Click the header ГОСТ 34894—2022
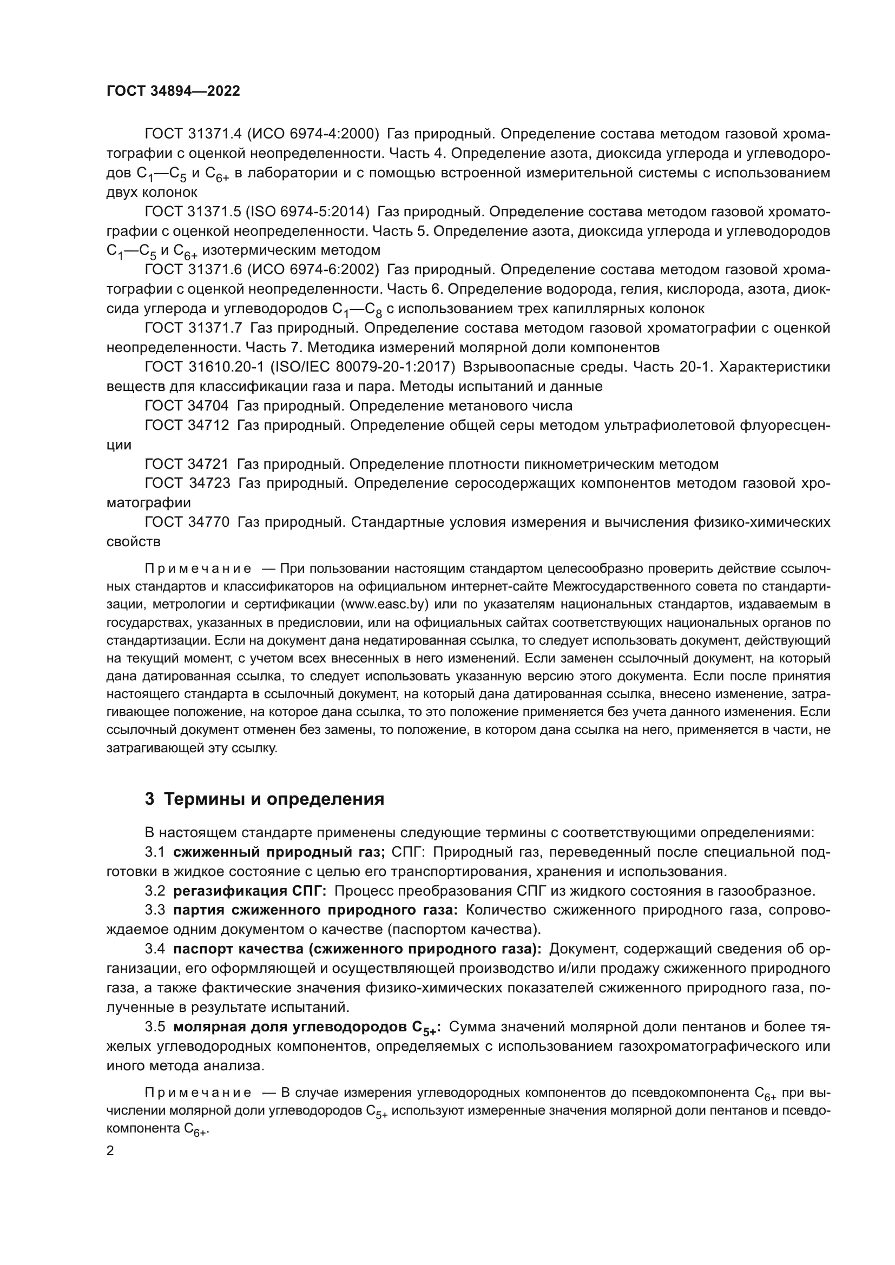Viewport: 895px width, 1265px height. pyautogui.click(x=173, y=91)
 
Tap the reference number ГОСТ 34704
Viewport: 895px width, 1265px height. pyautogui.click(x=187, y=406)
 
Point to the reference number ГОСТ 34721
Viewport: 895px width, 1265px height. pyautogui.click(x=187, y=464)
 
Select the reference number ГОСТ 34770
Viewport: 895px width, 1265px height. pyautogui.click(x=187, y=522)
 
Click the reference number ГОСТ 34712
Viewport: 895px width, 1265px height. pyautogui.click(x=187, y=425)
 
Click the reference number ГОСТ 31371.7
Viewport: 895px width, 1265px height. pyautogui.click(x=193, y=328)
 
